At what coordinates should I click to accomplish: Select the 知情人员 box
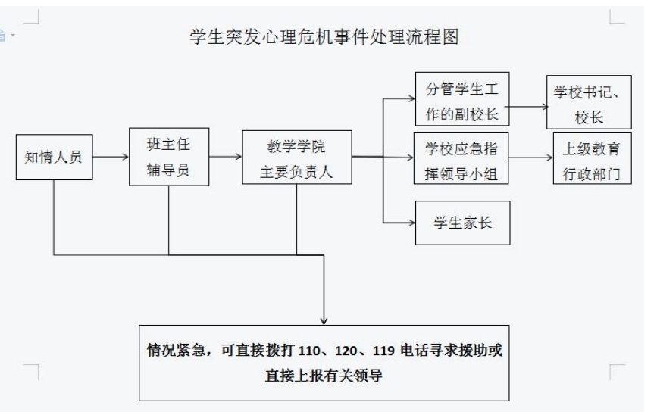point(54,158)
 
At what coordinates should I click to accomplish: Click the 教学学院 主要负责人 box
point(296,158)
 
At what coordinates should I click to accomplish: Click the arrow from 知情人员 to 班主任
point(111,158)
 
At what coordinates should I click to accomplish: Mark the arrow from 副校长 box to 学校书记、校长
point(530,105)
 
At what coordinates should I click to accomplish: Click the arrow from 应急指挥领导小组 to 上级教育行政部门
point(530,158)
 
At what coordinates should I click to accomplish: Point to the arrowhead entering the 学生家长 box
point(411,222)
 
